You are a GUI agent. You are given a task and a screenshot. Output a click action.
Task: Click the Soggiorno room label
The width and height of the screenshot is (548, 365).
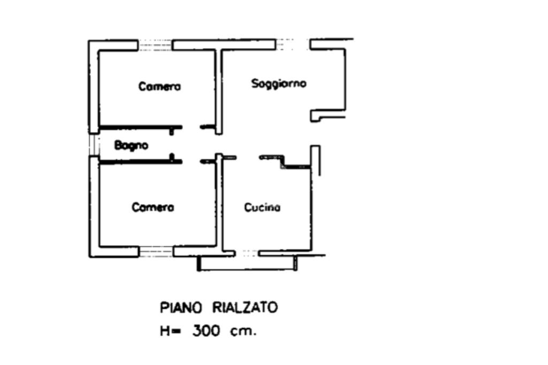coord(279,83)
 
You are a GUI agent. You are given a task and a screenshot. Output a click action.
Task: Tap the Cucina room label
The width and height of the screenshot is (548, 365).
coord(262,207)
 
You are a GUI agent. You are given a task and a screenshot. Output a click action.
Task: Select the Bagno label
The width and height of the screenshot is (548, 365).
coord(131,145)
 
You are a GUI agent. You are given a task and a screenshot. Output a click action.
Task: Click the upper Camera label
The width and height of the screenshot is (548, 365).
coord(159,86)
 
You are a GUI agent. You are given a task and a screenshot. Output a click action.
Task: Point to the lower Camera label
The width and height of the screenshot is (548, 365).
coord(153,207)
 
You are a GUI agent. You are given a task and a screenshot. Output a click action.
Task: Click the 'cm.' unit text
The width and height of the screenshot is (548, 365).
coord(243,331)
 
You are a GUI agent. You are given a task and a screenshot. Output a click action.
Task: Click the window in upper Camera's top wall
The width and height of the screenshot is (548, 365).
coord(155,45)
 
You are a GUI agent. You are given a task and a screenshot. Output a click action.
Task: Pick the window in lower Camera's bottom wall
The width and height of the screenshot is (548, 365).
coord(156,251)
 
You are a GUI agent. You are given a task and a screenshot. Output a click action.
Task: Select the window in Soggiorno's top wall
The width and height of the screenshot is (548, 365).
coord(293,45)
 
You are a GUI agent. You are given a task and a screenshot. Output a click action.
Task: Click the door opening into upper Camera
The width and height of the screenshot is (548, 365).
coord(191,127)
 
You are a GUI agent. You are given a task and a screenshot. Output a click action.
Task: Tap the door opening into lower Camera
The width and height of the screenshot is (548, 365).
coord(191,161)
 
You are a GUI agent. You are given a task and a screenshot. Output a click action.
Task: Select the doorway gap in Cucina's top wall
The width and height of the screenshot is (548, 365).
coord(248,158)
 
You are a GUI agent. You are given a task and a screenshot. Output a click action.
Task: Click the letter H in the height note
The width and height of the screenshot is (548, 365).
coord(164,331)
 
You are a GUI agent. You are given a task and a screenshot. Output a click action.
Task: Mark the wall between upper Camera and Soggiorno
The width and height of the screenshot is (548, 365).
coord(218,91)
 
